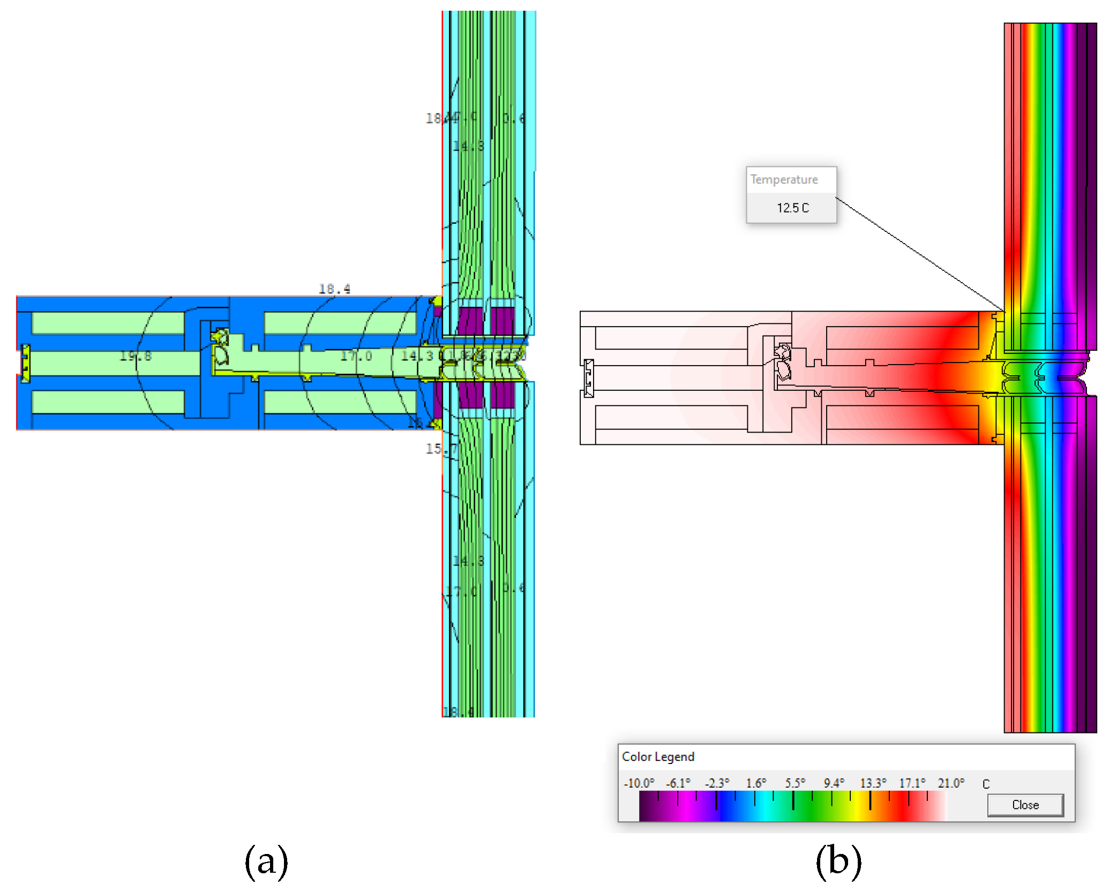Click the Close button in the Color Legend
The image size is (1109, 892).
[x=1025, y=805]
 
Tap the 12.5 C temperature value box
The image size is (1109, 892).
[x=792, y=208]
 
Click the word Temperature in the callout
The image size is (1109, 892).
[x=784, y=179]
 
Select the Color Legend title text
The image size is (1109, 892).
[x=658, y=757]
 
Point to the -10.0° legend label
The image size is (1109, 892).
[x=639, y=783]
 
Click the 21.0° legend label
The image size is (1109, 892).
[x=951, y=783]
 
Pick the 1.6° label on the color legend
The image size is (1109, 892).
[x=756, y=783]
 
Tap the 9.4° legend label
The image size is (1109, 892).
[x=834, y=783]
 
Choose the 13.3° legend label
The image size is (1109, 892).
[x=873, y=783]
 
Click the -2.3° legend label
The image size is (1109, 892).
[x=717, y=783]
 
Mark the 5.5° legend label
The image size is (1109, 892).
[x=795, y=783]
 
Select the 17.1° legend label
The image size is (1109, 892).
[x=912, y=783]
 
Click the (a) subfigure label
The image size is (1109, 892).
[x=266, y=861]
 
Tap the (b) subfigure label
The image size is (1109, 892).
[x=838, y=861]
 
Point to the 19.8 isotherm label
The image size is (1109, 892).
[x=136, y=356]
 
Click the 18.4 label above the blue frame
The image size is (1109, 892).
[x=334, y=289]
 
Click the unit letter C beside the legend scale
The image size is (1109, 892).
[x=986, y=784]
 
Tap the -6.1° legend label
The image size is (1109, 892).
[x=678, y=783]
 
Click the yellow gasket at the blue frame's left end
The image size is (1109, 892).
[x=25, y=364]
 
